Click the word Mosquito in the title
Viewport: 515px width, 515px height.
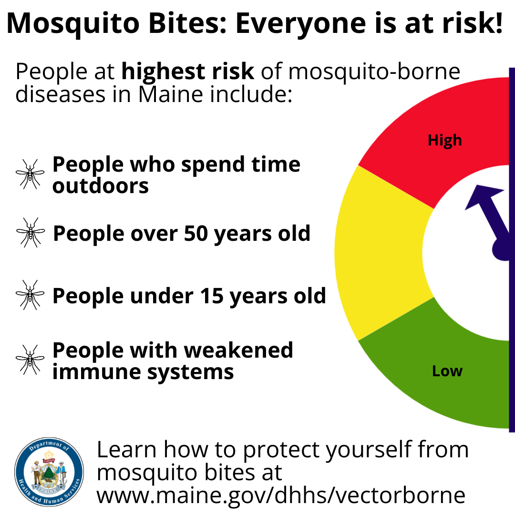(x=73, y=24)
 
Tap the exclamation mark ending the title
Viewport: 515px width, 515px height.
(x=499, y=22)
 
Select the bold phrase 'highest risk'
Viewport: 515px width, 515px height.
(x=187, y=72)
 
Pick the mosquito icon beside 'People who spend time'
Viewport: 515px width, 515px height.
(x=30, y=174)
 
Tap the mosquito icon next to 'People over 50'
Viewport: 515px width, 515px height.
(x=30, y=232)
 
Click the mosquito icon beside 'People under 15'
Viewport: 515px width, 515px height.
(x=30, y=295)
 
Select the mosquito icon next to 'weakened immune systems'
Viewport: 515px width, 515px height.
(x=30, y=360)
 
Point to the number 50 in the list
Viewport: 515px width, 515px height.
(x=196, y=234)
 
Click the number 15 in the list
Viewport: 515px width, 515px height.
(x=212, y=296)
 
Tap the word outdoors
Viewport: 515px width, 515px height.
(x=101, y=186)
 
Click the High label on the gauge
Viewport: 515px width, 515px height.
(x=445, y=141)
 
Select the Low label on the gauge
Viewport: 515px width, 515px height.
(x=447, y=371)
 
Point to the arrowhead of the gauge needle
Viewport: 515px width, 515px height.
(x=483, y=196)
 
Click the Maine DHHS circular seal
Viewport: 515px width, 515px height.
(x=49, y=472)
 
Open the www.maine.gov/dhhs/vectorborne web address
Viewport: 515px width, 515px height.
(x=281, y=495)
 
